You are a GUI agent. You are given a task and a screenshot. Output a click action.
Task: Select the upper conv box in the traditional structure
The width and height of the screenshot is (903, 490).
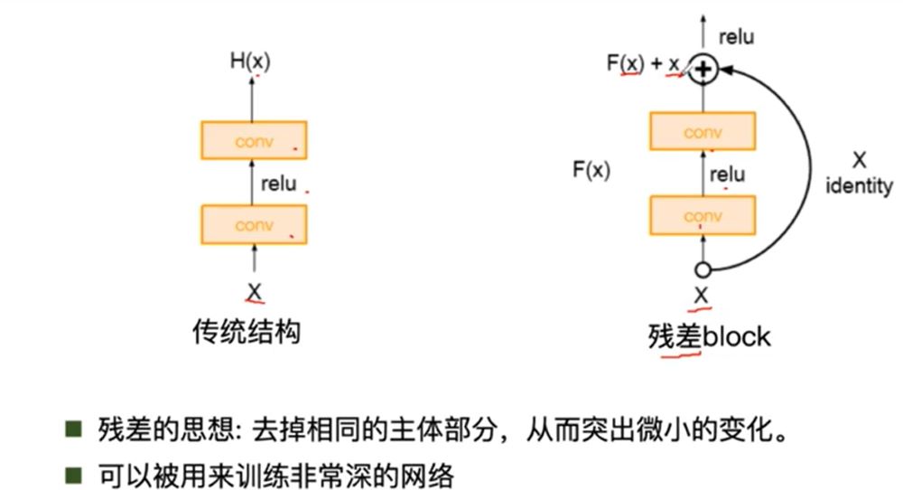(x=254, y=140)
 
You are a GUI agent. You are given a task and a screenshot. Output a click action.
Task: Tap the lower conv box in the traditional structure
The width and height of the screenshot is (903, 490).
(x=254, y=225)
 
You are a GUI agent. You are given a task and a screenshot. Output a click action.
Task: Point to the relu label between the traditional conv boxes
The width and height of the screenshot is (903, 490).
(x=277, y=184)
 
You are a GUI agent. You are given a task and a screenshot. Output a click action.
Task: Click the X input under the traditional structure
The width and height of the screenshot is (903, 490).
(x=254, y=290)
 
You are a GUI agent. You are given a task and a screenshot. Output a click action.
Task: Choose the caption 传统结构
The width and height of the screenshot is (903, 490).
(x=247, y=333)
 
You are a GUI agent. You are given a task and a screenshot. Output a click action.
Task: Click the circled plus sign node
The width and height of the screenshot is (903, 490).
(x=703, y=69)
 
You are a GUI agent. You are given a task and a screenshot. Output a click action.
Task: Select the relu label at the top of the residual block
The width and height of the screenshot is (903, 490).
(x=736, y=37)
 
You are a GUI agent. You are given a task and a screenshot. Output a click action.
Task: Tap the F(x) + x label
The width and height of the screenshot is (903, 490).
(x=643, y=65)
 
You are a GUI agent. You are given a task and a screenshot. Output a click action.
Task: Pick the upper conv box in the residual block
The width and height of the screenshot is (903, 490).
(x=703, y=132)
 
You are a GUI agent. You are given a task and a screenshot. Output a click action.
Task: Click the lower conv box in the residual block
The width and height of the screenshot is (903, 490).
(x=703, y=216)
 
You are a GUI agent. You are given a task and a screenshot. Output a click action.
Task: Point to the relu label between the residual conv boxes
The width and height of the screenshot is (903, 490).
(x=727, y=174)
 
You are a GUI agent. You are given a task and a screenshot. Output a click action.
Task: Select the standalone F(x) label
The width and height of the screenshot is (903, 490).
(x=591, y=169)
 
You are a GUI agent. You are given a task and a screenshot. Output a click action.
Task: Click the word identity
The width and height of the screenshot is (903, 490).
(x=859, y=186)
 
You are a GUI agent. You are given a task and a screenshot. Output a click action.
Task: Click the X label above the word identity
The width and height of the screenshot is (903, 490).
(x=859, y=160)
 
